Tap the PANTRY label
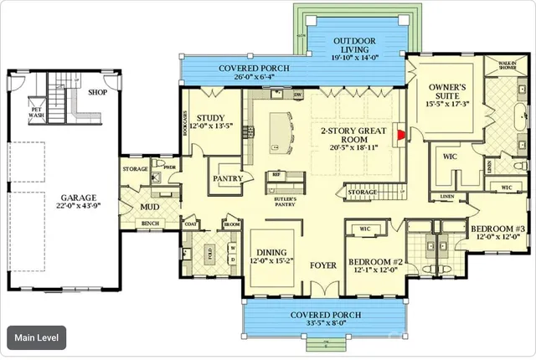click(227, 178)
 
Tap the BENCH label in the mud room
click(151, 224)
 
